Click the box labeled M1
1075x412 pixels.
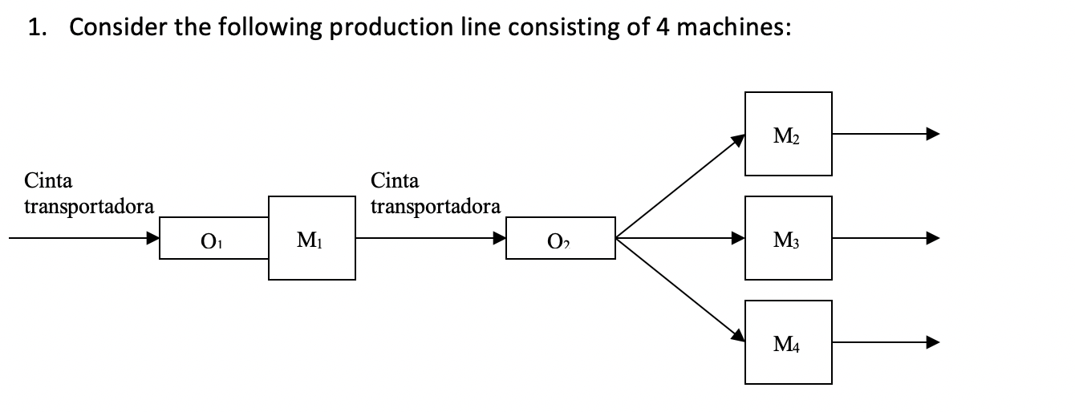(312, 238)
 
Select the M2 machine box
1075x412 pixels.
(788, 135)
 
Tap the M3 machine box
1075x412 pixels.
(788, 238)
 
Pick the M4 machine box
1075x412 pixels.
(788, 342)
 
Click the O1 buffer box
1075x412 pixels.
(213, 238)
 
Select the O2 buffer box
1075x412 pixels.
(560, 238)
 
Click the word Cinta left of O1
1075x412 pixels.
(48, 180)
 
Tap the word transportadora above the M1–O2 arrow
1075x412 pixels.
(436, 206)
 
